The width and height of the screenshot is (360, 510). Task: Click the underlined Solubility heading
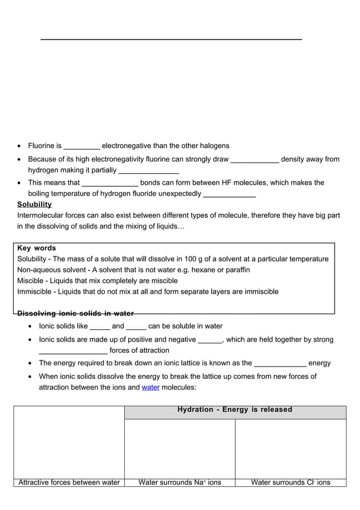click(34, 204)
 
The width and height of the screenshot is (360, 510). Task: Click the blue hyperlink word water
click(151, 387)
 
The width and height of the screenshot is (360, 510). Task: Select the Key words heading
click(37, 248)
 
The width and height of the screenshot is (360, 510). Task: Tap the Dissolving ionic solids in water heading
click(76, 313)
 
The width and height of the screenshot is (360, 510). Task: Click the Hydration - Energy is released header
click(235, 409)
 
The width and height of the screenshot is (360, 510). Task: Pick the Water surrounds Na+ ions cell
click(179, 482)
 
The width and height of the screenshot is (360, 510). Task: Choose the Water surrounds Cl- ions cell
click(291, 482)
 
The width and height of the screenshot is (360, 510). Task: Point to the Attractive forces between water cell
click(69, 482)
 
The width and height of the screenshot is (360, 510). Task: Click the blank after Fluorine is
click(82, 147)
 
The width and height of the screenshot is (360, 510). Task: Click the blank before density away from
click(255, 160)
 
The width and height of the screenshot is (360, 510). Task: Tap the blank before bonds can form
click(110, 184)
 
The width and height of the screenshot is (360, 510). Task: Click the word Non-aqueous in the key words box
click(40, 270)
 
